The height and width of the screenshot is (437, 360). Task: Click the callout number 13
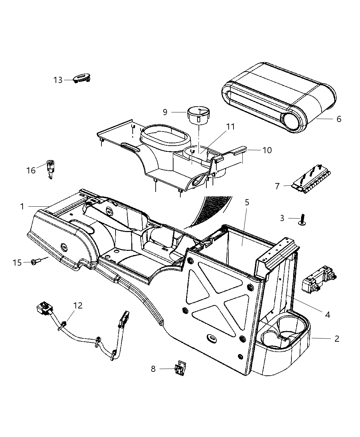(58, 80)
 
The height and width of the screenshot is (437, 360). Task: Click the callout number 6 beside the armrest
(339, 119)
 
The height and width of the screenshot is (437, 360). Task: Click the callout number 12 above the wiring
(78, 305)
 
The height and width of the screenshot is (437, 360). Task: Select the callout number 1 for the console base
(22, 206)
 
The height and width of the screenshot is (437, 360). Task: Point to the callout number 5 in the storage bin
(247, 202)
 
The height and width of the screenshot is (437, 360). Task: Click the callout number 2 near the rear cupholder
(337, 339)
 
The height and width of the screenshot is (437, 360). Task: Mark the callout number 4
(327, 314)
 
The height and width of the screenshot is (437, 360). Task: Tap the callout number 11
(230, 127)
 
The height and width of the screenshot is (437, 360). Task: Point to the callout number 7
(277, 186)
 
